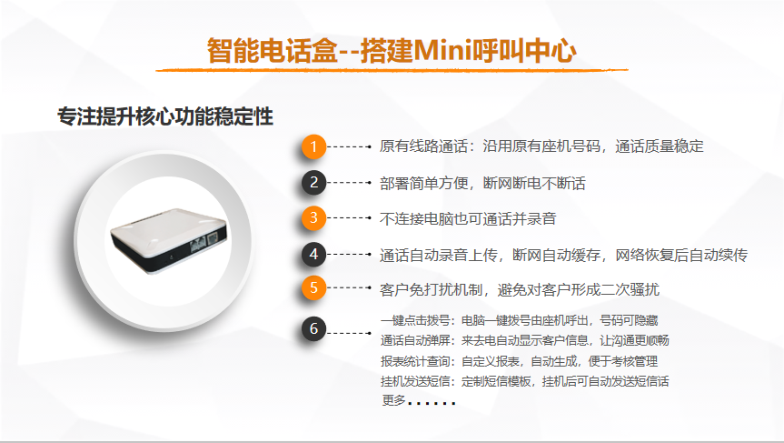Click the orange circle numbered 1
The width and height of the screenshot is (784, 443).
coord(313,146)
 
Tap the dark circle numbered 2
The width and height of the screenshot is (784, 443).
coord(313,182)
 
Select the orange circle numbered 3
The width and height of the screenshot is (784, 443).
coord(313,217)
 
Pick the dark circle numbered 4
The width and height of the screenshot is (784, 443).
coord(313,255)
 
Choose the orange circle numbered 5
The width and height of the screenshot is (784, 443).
coord(313,287)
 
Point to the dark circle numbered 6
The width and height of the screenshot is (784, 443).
coord(313,329)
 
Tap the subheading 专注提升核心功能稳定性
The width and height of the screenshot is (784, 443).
coord(165,116)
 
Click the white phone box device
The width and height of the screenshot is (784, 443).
coord(168,241)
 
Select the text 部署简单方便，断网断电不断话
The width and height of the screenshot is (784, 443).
coord(482,183)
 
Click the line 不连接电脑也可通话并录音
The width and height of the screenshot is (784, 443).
coord(468,218)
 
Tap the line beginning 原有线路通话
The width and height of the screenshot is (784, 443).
coord(541,146)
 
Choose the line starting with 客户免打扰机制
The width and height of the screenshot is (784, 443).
coord(520,289)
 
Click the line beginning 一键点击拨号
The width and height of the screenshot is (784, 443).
coord(520,320)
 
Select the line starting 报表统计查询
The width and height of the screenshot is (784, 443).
coord(519,361)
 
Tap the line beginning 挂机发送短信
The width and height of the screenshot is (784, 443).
coord(525,381)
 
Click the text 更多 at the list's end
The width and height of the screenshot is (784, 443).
coord(394,400)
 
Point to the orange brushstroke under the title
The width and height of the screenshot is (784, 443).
coord(392,70)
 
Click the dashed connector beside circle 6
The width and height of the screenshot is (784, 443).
coord(349,333)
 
